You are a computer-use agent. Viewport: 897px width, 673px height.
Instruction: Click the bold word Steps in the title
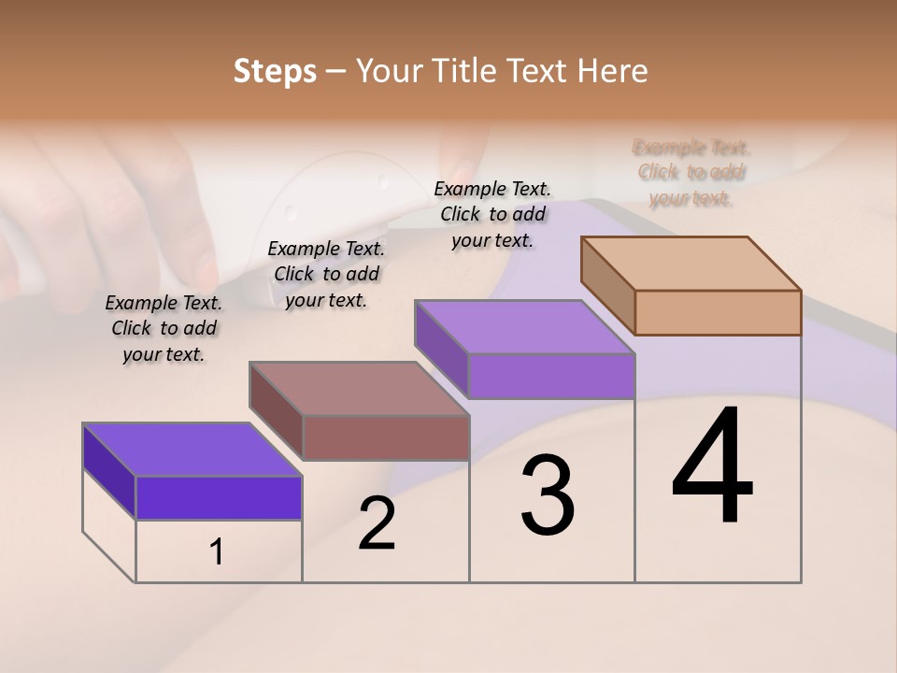click(275, 72)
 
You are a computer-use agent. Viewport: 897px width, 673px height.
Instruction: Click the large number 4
click(712, 466)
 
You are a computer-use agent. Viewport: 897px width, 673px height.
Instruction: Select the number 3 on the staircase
click(547, 495)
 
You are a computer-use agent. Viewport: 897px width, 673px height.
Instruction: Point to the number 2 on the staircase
click(377, 524)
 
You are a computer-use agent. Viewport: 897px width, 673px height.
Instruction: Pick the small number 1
click(217, 552)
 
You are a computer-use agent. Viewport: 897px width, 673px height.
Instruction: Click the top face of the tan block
click(691, 263)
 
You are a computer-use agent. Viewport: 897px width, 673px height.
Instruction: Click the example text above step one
click(164, 328)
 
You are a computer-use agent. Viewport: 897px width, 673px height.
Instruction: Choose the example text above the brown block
click(326, 274)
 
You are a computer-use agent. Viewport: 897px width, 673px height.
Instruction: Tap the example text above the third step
click(492, 214)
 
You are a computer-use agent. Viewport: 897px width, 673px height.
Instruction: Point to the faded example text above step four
click(691, 172)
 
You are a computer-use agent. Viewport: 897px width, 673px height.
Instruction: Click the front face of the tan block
click(718, 312)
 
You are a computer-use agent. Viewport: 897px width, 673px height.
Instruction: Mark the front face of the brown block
click(386, 437)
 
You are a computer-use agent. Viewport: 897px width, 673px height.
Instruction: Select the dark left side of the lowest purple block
click(109, 470)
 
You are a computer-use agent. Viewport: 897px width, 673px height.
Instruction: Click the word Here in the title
click(615, 72)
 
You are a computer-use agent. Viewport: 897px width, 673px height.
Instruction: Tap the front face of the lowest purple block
click(219, 497)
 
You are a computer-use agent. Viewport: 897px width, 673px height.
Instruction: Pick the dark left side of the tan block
click(608, 283)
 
